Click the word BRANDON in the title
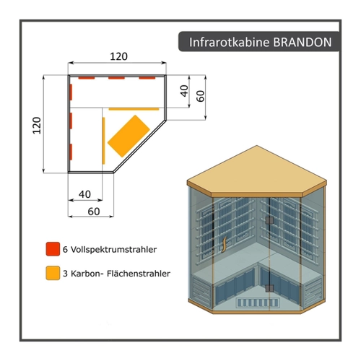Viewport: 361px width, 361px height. click(303, 42)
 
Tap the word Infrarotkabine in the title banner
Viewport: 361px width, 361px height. click(230, 42)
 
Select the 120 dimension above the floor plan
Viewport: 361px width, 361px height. click(118, 56)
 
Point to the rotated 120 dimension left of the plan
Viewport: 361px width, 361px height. click(37, 126)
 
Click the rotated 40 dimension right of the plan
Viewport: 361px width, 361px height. click(184, 91)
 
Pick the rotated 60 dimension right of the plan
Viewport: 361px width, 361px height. click(201, 96)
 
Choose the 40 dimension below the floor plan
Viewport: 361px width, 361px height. click(84, 194)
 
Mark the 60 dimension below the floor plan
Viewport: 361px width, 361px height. click(94, 212)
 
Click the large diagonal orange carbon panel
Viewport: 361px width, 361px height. click(129, 136)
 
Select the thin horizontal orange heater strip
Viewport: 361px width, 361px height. click(134, 109)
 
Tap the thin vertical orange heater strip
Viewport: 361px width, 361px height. click(104, 141)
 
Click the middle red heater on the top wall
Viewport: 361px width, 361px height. click(116, 78)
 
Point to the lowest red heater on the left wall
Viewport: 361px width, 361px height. click(71, 152)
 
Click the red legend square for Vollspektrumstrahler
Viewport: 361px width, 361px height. click(53, 249)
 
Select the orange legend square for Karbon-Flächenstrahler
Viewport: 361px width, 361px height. click(53, 273)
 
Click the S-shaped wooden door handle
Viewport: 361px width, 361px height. click(224, 245)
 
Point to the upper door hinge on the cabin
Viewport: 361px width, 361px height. click(269, 220)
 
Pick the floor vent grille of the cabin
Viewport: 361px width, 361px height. click(258, 303)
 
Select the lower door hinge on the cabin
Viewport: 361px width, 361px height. click(269, 288)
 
